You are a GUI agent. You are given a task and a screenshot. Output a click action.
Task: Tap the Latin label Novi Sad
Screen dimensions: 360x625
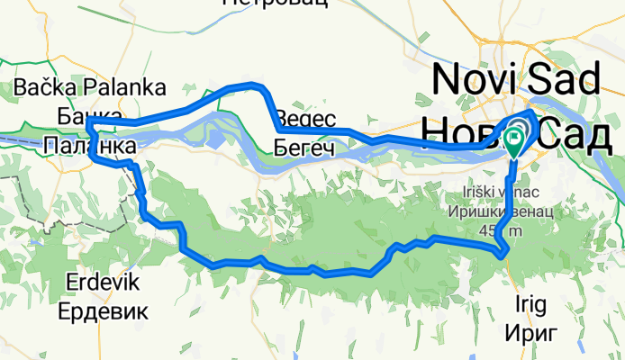click(x=515, y=80)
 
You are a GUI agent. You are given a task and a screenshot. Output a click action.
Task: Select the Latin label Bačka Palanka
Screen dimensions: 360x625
click(x=90, y=88)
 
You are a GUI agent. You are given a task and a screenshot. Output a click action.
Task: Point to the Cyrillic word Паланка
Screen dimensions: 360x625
click(x=89, y=146)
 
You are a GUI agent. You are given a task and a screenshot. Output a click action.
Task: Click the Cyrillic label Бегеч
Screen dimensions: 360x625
click(x=304, y=147)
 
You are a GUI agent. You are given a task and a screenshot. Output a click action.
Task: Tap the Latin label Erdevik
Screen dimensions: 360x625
click(x=103, y=283)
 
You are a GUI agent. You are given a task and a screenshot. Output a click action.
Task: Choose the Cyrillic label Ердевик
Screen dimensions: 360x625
click(x=103, y=311)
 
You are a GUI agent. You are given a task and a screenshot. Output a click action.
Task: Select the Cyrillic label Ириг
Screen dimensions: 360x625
click(x=534, y=332)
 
